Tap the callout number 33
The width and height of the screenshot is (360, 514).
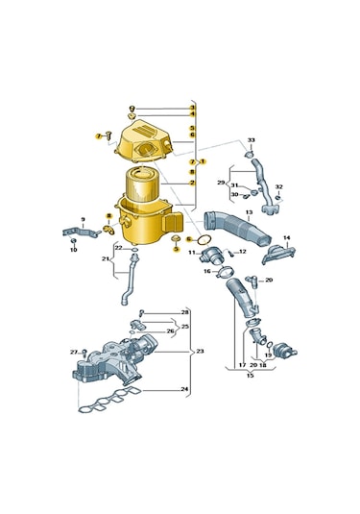(252, 140)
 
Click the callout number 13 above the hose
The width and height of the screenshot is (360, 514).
(249, 212)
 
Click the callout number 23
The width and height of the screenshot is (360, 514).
(200, 352)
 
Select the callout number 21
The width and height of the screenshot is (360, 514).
(106, 258)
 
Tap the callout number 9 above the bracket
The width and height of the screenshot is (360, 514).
(83, 218)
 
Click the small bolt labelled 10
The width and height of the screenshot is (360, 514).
(73, 240)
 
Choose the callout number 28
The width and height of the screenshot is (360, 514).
(185, 313)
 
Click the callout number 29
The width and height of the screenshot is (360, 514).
(220, 182)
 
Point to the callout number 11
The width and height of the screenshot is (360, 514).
(191, 253)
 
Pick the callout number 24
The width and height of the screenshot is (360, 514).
(185, 389)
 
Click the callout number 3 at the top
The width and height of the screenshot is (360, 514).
(192, 108)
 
